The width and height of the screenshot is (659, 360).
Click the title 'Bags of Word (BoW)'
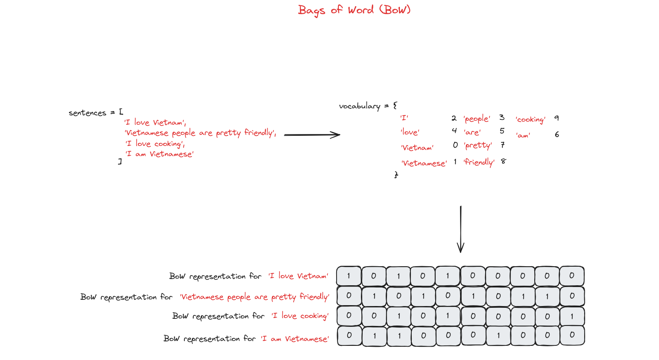[354, 10]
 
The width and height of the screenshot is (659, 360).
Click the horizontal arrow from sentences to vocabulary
[312, 135]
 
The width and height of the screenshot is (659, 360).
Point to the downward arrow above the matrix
[461, 229]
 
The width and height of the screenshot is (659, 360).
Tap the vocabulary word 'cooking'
[530, 119]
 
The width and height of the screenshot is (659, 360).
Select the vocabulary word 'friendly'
[479, 162]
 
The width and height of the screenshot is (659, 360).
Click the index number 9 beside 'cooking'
[556, 118]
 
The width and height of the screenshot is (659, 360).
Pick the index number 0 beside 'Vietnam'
[456, 145]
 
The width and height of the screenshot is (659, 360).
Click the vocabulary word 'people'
[477, 119]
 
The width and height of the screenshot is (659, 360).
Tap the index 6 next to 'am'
[557, 135]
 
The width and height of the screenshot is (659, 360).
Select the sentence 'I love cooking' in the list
[155, 144]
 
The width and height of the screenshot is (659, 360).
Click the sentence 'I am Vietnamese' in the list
[160, 154]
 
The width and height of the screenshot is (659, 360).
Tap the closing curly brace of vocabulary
[396, 175]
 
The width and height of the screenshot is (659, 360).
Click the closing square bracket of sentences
[120, 161]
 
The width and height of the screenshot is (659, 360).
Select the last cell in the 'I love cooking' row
[572, 316]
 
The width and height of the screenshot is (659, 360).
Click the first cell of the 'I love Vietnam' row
[349, 276]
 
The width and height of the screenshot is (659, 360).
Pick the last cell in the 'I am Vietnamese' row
[572, 335]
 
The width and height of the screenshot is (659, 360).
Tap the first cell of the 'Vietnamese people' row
[349, 295]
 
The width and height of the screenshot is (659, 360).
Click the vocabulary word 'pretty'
[478, 146]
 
